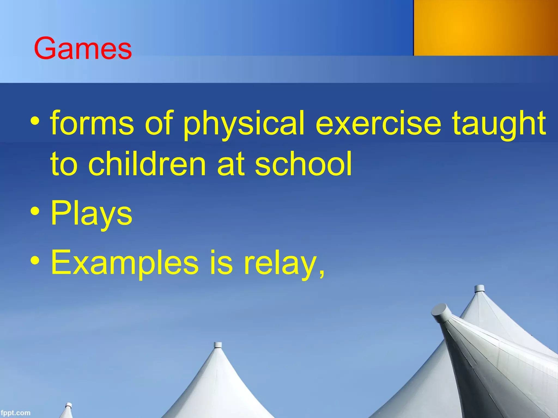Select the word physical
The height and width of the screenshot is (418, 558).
pos(243,124)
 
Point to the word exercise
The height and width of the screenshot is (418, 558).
pos(378,123)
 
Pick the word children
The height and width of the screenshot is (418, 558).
pos(147,164)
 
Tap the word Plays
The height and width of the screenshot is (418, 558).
pos(92,214)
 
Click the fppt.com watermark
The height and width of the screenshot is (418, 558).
pos(15,413)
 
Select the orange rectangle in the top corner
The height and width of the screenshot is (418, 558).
pos(486,28)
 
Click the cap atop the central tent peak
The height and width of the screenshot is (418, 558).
pos(217,345)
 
